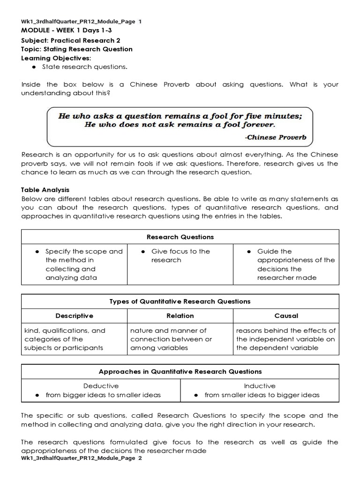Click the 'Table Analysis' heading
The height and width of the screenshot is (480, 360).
pyautogui.click(x=45, y=190)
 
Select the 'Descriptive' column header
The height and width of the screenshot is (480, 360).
pyautogui.click(x=74, y=316)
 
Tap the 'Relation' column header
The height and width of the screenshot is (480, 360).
pyautogui.click(x=180, y=316)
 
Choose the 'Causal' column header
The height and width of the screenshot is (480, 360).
pyautogui.click(x=286, y=316)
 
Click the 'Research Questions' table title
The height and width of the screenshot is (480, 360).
pyautogui.click(x=180, y=237)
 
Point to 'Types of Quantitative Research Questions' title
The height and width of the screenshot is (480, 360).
pyautogui.click(x=180, y=301)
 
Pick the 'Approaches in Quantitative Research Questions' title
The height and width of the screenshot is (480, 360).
pyautogui.click(x=180, y=372)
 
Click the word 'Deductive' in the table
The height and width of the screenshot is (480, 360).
pyautogui.click(x=101, y=386)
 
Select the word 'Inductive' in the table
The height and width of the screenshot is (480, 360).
pyautogui.click(x=259, y=386)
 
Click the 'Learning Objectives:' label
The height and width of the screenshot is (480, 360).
pyautogui.click(x=56, y=58)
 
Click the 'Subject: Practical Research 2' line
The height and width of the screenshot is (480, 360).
pyautogui.click(x=71, y=40)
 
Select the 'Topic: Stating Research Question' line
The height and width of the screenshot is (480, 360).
pyautogui.click(x=77, y=49)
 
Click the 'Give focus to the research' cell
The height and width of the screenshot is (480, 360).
pyautogui.click(x=180, y=256)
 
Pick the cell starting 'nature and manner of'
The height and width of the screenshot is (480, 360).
pyautogui.click(x=171, y=339)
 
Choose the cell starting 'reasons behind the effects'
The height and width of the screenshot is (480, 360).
pyautogui.click(x=285, y=339)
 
